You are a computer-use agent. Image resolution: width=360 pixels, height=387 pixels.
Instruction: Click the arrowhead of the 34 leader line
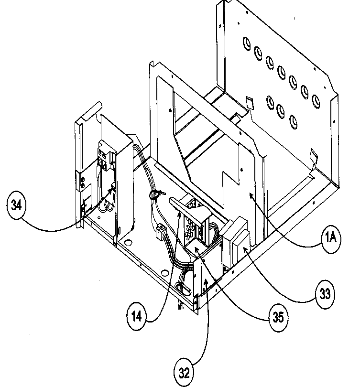pyautogui.click(x=114, y=190)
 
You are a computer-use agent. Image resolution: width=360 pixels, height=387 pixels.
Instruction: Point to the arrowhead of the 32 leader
pyautogui.click(x=206, y=281)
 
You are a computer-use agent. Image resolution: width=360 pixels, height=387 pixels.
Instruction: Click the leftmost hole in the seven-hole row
pyautogui.click(x=245, y=43)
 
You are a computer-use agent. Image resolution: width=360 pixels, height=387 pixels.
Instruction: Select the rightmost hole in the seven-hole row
pyautogui.click(x=316, y=100)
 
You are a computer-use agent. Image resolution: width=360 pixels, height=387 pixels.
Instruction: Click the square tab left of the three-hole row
pyautogui.click(x=249, y=102)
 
